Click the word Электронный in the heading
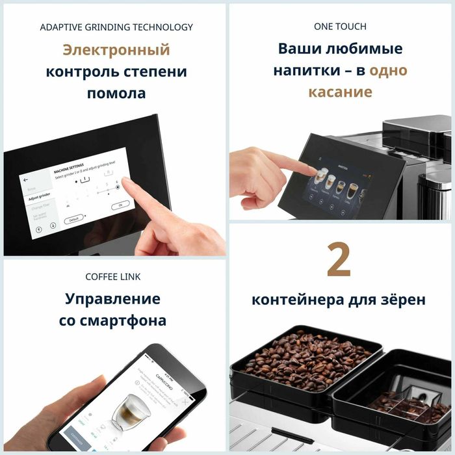116,50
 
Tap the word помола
116,93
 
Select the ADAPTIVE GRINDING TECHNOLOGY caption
116,27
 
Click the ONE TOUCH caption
340,27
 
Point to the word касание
340,92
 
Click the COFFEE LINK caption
113,277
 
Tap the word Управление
112,299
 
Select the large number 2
339,261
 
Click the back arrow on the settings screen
26,180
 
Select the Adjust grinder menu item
40,195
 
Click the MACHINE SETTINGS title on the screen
70,170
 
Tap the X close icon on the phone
185,403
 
